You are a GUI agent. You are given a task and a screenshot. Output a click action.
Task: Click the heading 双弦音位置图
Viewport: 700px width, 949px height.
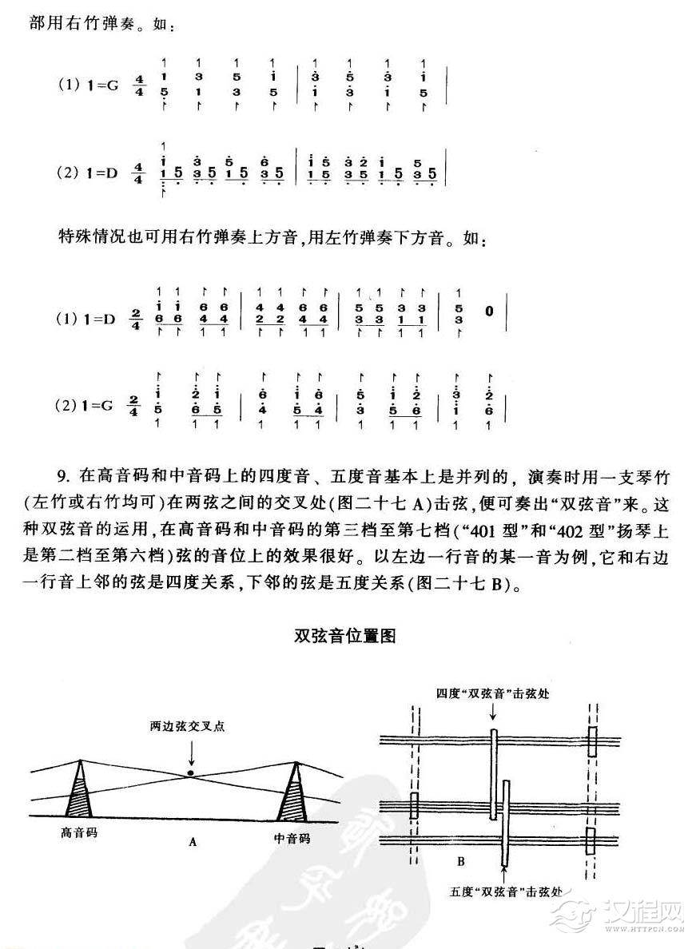345,636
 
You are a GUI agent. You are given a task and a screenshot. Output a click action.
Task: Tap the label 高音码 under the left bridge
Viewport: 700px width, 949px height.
80,832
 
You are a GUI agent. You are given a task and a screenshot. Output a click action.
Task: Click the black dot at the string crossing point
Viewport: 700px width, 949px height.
190,773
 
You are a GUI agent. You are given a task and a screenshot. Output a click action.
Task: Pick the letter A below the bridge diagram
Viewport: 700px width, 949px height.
193,841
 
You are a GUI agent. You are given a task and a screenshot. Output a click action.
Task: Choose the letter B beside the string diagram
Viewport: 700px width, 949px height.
461,861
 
